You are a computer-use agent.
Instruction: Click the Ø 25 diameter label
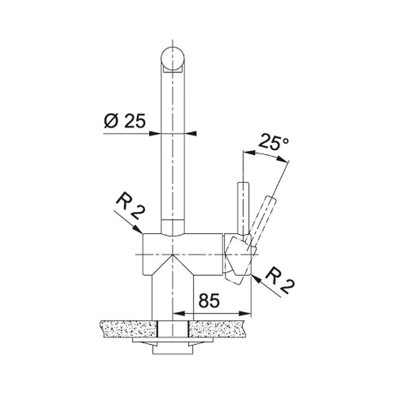coord(125,121)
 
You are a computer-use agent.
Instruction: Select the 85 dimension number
coord(209,300)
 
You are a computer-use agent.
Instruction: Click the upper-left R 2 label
coord(131,206)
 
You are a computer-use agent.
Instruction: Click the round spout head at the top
coord(173,58)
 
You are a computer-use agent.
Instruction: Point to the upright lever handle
coord(243,208)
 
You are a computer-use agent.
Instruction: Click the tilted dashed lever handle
coord(262,219)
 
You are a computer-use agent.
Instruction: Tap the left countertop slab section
coord(128,329)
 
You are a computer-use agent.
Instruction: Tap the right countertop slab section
coord(217,329)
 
